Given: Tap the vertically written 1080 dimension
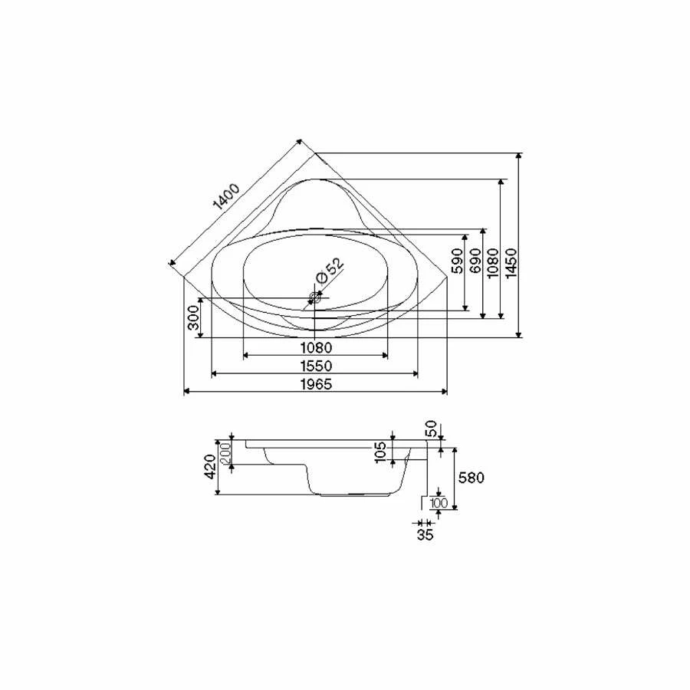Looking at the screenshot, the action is tap(493, 263).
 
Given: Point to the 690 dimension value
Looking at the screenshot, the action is tap(475, 260).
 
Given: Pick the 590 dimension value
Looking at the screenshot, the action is tap(458, 261).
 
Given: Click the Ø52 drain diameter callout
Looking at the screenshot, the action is tap(330, 271).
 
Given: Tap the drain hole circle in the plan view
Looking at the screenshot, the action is tap(314, 298).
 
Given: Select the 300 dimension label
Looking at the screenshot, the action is tap(194, 317).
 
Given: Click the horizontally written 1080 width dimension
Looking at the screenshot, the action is tap(316, 348).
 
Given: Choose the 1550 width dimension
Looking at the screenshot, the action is tap(316, 366).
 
